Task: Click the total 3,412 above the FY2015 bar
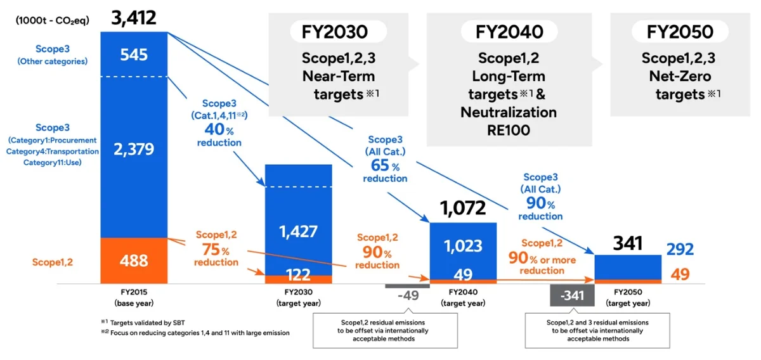[x=134, y=18]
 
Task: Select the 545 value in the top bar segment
[x=134, y=55]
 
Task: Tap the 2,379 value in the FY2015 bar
[x=134, y=149]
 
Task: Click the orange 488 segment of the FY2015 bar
[x=134, y=260]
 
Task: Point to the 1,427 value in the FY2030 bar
[x=298, y=231]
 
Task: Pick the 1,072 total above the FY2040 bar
[x=463, y=208]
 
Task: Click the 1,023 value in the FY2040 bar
[x=463, y=246]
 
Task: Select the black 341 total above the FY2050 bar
[x=628, y=243]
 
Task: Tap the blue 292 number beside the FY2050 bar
[x=680, y=249]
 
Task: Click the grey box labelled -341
[x=573, y=295]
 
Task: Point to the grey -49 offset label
[x=408, y=295]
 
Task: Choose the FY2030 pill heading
[x=335, y=32]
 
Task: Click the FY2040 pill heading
[x=509, y=32]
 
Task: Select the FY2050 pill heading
[x=680, y=32]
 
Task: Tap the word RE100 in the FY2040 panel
[x=509, y=131]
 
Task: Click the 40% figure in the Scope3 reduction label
[x=219, y=129]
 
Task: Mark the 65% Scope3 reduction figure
[x=385, y=165]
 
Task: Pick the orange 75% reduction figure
[x=216, y=250]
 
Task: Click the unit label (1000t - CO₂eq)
[x=52, y=21]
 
